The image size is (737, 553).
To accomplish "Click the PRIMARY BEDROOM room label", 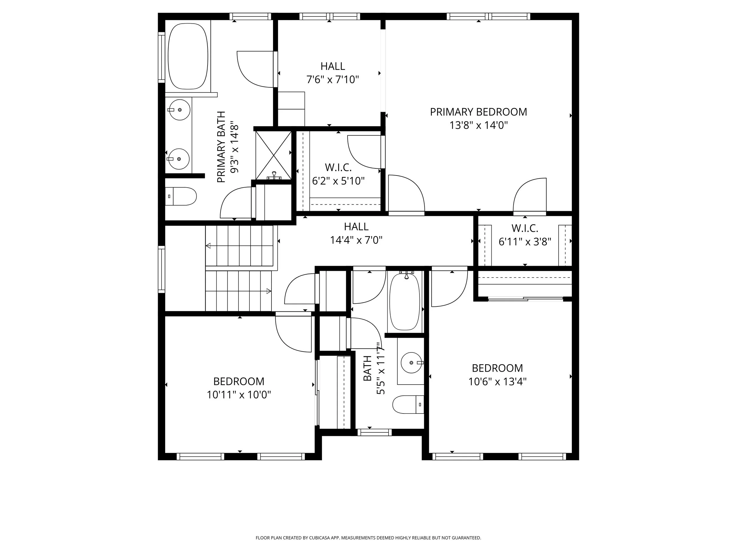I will point(478,112).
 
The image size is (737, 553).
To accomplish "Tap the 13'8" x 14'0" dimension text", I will point(478,126).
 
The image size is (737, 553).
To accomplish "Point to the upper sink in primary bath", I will point(179,110).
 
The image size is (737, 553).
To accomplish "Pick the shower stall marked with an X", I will point(273,155).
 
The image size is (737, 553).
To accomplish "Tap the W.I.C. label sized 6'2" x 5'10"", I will point(338,167).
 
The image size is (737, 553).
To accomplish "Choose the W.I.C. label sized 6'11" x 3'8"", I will point(524,228).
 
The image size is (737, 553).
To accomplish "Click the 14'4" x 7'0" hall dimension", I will point(356,240).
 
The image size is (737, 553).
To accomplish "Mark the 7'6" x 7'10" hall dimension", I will point(333,80).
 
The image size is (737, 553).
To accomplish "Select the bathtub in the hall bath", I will point(404,302).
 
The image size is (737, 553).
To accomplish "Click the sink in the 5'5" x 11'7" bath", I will point(412,363).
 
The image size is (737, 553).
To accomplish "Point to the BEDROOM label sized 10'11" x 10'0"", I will point(238,381).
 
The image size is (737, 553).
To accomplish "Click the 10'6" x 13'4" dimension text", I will point(497,381).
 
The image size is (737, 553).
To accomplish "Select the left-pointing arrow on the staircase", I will point(209,246).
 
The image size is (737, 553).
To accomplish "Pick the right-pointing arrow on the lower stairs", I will point(269,291).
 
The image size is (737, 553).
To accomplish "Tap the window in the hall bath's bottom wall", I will point(374,432).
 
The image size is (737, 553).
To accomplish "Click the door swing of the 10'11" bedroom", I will point(293,333).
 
